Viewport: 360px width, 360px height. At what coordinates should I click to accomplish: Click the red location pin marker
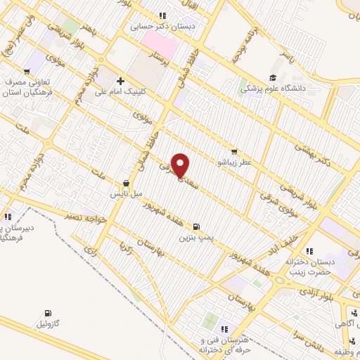181,166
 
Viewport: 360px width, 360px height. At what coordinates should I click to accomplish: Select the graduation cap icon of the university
273,78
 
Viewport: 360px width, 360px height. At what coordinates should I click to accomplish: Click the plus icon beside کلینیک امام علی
120,81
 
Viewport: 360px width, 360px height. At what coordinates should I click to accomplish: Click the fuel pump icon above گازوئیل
48,314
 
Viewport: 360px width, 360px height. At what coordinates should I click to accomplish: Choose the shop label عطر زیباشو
238,162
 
